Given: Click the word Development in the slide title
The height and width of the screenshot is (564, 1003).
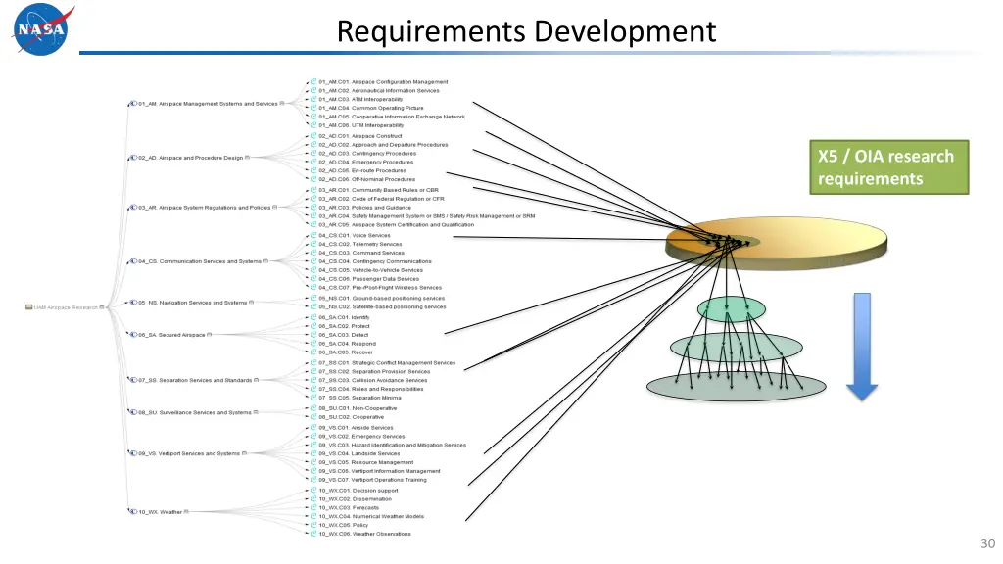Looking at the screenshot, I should tap(627, 31).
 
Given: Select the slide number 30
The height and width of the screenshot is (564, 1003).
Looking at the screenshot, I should tap(986, 544).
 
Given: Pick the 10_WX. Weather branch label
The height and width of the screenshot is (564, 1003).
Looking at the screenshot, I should tap(160, 511).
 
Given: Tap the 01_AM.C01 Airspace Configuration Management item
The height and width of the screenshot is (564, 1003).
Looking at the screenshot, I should tap(383, 82).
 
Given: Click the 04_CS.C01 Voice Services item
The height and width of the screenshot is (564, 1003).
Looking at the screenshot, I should tap(354, 235).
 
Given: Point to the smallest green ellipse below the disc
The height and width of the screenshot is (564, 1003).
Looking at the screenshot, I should tap(730, 309).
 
